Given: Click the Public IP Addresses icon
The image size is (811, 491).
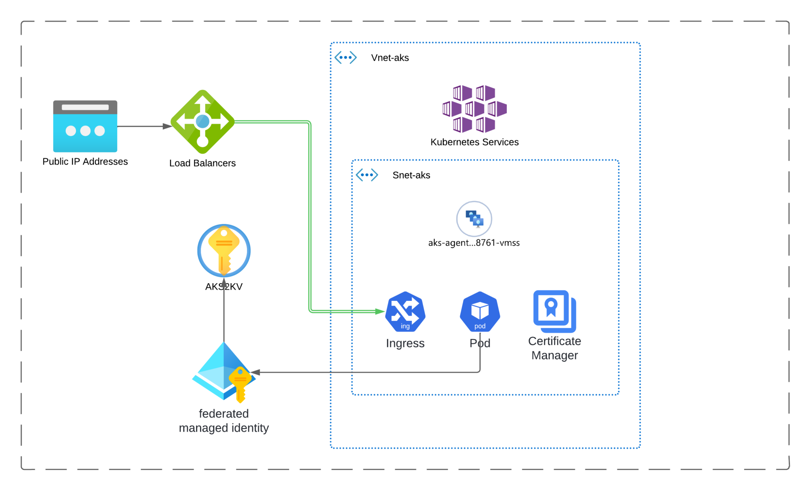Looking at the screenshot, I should click(85, 126).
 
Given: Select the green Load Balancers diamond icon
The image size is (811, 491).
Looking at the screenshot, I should click(202, 122).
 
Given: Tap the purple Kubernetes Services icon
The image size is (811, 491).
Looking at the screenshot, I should click(474, 108).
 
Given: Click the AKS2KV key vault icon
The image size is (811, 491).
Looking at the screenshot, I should click(224, 250).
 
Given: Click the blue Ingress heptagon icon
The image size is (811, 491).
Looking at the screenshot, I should click(405, 312).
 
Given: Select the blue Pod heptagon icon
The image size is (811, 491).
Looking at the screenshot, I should click(480, 312).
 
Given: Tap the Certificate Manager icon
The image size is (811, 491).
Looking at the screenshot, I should click(554, 311).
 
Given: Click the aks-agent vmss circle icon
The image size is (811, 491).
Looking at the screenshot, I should click(474, 219).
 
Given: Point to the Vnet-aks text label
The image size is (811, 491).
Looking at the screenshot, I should click(390, 58).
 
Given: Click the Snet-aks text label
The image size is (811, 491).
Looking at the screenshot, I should click(411, 175).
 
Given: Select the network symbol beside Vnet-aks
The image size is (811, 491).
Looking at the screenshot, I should click(345, 57).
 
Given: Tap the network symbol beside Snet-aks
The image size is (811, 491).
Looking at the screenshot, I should click(367, 175).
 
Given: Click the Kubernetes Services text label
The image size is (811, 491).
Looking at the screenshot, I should click(474, 142).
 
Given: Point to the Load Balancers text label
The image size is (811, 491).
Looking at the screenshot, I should click(202, 163).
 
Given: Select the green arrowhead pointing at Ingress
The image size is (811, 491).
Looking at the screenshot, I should click(380, 312).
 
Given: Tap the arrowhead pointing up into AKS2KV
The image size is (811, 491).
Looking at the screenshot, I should click(224, 282).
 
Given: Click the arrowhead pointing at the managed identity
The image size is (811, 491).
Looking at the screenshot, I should click(255, 372).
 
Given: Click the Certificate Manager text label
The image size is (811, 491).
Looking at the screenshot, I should click(554, 348).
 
